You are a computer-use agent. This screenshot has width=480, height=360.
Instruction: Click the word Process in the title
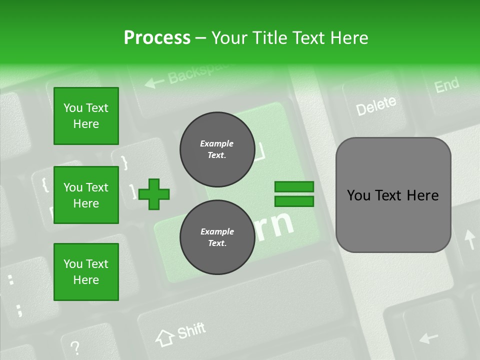pyautogui.click(x=157, y=38)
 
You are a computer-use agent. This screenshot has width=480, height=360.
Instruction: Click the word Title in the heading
pyautogui.click(x=270, y=38)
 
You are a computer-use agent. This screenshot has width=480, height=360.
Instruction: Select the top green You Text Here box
pyautogui.click(x=86, y=116)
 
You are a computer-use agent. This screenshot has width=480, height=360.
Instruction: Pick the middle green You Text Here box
pyautogui.click(x=86, y=195)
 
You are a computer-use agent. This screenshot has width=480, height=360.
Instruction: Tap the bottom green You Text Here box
pyautogui.click(x=86, y=272)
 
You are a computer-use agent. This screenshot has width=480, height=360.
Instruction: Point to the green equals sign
pyautogui.click(x=294, y=194)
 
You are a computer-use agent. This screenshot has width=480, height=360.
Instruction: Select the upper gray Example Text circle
pyautogui.click(x=216, y=149)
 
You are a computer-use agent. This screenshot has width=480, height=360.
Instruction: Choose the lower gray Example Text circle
pyautogui.click(x=216, y=237)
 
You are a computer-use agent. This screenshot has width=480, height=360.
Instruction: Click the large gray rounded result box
pyautogui.click(x=393, y=195)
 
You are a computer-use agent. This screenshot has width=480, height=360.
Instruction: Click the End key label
pyautogui.click(x=446, y=85)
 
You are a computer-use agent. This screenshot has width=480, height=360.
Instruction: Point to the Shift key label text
pyautogui.click(x=191, y=330)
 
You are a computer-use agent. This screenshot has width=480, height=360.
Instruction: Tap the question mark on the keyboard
pyautogui.click(x=75, y=346)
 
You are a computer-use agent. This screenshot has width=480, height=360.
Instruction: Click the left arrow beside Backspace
pyautogui.click(x=153, y=81)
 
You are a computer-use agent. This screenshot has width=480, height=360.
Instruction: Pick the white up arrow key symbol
pyautogui.click(x=470, y=239)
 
